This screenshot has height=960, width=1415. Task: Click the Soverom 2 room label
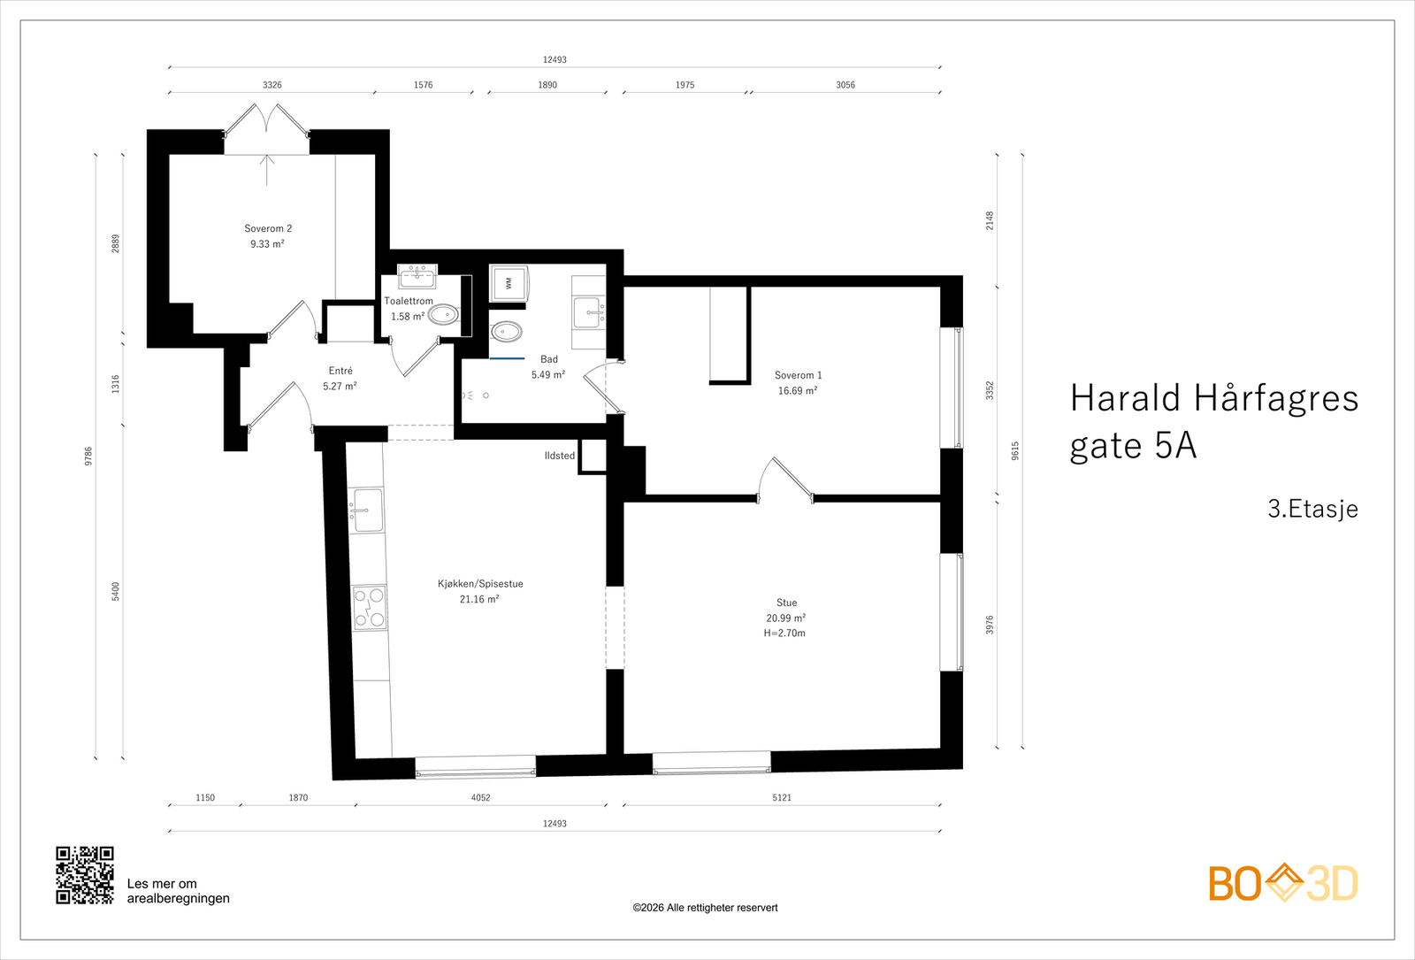[268, 228]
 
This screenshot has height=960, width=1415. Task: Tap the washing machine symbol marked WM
[509, 283]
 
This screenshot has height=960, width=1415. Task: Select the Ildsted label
[559, 456]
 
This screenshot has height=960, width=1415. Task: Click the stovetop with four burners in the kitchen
[370, 608]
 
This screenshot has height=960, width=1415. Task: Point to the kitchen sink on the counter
[367, 511]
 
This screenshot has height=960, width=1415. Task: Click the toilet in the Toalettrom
[444, 314]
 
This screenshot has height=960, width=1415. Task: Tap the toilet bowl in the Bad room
[506, 332]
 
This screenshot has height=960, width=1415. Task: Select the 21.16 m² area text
[479, 599]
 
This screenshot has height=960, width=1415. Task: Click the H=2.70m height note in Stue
[784, 634]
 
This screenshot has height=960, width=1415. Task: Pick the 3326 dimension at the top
[272, 85]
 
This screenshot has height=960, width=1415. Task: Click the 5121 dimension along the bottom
[782, 798]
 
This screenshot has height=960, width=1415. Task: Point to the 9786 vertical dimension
[88, 457]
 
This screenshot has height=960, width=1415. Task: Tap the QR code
[85, 875]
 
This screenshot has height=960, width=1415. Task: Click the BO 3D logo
[1283, 883]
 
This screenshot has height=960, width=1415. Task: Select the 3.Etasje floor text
[1312, 509]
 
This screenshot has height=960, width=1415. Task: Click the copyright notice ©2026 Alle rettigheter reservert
[705, 908]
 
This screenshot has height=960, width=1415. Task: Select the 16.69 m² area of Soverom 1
[797, 390]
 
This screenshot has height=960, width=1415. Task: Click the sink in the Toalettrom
[417, 278]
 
